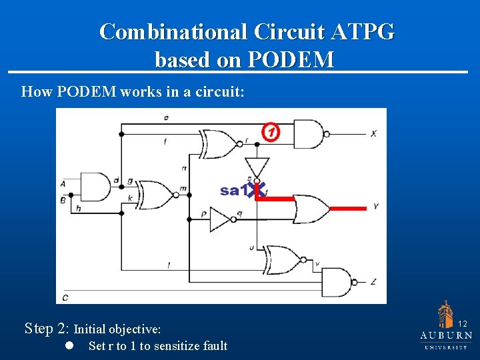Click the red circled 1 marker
click(270, 133)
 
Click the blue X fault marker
click(257, 189)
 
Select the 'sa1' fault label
click(231, 191)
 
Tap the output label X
click(374, 134)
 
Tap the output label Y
click(376, 207)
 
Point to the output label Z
click(373, 282)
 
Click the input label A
click(63, 183)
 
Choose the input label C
click(65, 297)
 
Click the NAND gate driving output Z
click(336, 281)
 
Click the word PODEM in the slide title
click(291, 60)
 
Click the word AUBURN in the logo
click(446, 335)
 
